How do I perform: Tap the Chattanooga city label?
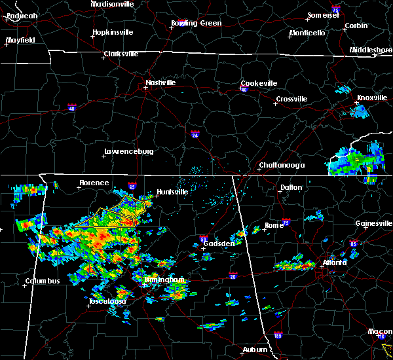pos(282,166)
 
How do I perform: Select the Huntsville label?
pos(172,192)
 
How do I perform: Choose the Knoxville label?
pos(371,98)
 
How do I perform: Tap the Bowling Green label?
pos(196,23)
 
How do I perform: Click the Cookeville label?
pos(259,83)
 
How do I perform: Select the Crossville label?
pos(291,99)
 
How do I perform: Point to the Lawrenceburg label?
pos(128,151)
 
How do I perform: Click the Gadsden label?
pos(219,243)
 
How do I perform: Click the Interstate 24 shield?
pos(195,135)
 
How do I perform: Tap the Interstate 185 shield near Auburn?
pos(278,336)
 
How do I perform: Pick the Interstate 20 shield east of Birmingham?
pos(233,276)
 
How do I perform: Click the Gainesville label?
pos(373,223)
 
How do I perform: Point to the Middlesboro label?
pos(370,50)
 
